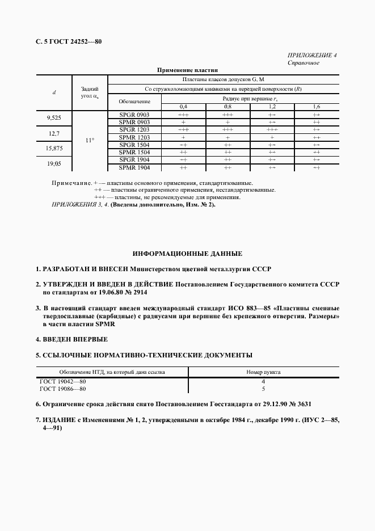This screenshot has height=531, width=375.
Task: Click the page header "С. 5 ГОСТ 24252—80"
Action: coord(68,41)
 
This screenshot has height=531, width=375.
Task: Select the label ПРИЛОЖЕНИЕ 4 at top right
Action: coord(313,55)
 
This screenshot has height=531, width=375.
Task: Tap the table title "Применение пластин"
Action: coord(187,70)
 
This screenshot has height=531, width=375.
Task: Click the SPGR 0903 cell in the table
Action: coord(134,114)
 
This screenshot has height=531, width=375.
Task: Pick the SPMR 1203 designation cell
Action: coord(134,137)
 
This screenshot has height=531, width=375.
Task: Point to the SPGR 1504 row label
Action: coord(134,145)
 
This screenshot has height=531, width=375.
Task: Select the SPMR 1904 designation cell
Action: coord(134,167)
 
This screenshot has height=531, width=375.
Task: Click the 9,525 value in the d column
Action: coord(54,118)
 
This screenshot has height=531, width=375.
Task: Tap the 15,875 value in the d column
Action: coord(54,149)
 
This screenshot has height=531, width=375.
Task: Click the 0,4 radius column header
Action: coord(183,107)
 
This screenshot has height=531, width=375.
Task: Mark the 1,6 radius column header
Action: coord(316,107)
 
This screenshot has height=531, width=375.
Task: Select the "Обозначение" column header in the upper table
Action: coord(134,102)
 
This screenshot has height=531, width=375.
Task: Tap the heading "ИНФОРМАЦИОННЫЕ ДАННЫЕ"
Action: coord(187,253)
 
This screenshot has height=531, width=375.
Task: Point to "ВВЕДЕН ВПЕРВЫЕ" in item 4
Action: coord(75,339)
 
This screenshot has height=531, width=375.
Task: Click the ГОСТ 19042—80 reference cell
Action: coord(62,382)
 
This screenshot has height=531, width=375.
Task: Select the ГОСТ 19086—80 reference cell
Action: coord(62,389)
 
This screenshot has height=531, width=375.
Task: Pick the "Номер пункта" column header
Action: coord(263,372)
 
